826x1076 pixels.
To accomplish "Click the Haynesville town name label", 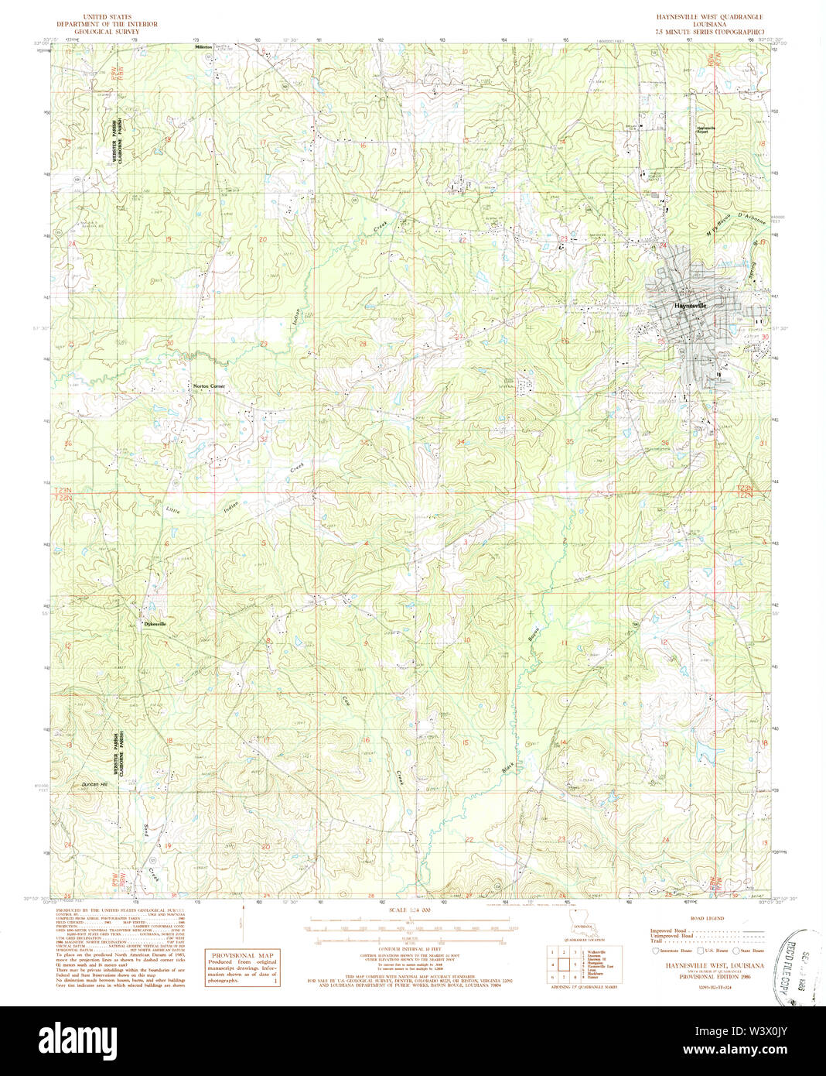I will [690, 306].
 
